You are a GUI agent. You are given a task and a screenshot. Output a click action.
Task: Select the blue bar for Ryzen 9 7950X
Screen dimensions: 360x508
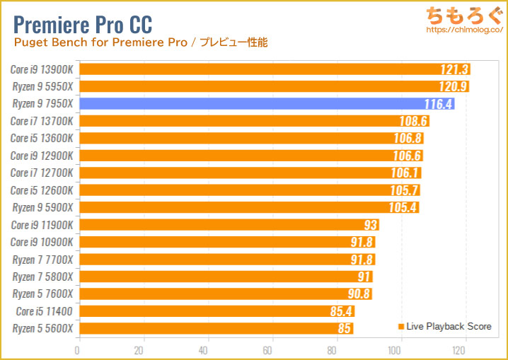(265, 104)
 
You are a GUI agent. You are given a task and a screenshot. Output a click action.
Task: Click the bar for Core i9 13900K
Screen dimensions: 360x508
(273, 69)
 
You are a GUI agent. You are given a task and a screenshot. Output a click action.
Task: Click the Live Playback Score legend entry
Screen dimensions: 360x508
(444, 326)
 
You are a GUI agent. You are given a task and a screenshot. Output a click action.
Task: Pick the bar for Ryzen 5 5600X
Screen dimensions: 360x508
(215, 328)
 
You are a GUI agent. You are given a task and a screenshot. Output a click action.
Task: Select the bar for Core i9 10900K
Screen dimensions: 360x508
(226, 242)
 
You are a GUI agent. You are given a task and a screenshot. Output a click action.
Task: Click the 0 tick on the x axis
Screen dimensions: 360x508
(78, 350)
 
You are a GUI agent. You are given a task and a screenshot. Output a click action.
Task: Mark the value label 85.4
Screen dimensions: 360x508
(341, 311)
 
